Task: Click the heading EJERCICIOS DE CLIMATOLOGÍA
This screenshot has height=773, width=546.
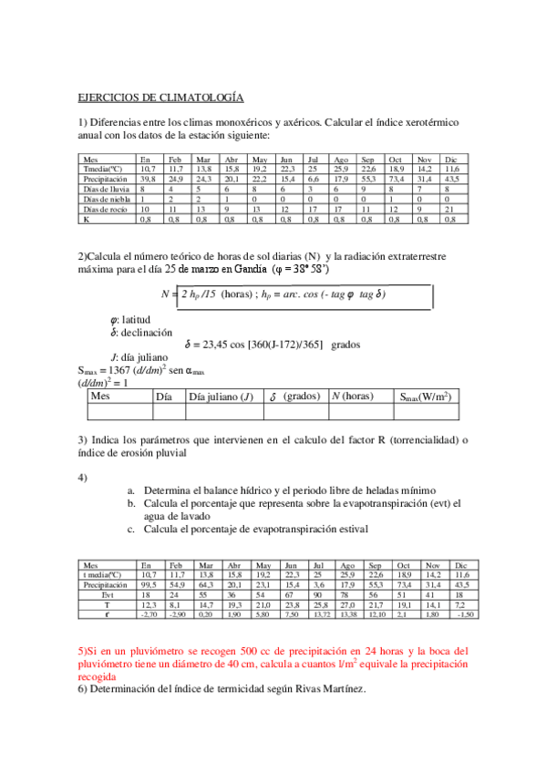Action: coord(160,97)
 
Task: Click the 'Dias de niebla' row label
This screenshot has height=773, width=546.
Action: coord(105,199)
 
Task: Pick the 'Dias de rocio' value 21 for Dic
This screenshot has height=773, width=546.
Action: coord(448,209)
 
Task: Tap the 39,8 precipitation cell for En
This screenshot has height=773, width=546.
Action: coord(148,179)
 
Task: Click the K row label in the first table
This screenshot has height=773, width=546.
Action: coord(86,219)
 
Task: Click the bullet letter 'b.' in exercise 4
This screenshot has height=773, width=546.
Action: coord(132,502)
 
